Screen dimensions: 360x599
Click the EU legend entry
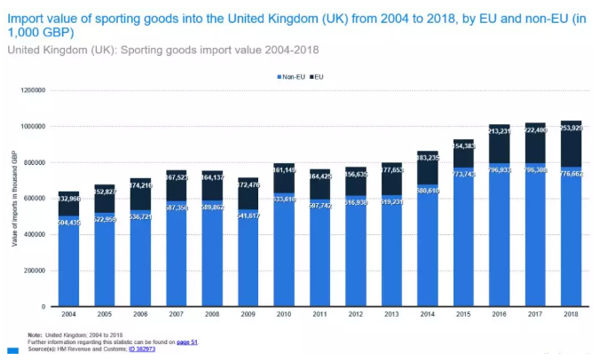[317, 77]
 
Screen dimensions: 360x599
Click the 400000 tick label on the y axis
[35, 234]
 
